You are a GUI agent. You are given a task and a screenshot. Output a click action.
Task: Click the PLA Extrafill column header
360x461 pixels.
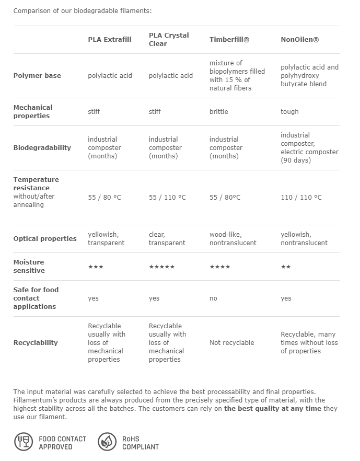[x=110, y=39]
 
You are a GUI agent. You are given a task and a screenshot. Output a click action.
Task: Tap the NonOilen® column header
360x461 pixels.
[x=299, y=39]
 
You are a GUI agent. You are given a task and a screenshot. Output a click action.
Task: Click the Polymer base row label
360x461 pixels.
[x=37, y=75]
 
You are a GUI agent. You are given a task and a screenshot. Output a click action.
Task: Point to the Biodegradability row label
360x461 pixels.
[x=42, y=147]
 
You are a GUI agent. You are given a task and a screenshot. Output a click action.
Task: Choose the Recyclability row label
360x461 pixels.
[x=36, y=342]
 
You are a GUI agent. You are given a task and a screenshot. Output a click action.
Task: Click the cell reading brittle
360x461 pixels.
[x=219, y=111]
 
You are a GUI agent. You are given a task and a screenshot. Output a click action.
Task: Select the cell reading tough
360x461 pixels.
[x=289, y=111]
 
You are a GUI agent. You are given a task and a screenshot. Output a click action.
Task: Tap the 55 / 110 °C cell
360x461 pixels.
[x=167, y=197]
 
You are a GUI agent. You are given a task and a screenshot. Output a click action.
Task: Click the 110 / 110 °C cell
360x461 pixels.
[x=301, y=197]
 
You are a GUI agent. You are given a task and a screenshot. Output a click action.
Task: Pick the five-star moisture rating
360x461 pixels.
[x=161, y=267]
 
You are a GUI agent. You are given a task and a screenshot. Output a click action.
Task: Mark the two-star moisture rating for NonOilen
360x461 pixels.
[x=285, y=267]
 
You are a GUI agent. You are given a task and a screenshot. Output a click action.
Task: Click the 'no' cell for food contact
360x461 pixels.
[x=213, y=298]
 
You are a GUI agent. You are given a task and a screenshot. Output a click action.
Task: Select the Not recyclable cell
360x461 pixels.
[x=231, y=342]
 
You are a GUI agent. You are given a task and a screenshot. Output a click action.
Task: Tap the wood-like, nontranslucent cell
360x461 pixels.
[x=233, y=238]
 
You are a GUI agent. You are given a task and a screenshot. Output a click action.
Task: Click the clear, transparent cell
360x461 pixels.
[x=167, y=238]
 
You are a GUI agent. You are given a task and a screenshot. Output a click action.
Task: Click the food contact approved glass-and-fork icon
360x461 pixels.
[x=23, y=442]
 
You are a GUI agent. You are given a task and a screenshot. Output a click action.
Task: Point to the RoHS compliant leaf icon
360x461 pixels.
[x=107, y=442]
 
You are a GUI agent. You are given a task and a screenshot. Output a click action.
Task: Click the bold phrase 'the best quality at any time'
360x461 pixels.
[x=273, y=408]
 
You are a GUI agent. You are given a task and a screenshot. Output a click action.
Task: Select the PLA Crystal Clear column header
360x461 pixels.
[x=169, y=39]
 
